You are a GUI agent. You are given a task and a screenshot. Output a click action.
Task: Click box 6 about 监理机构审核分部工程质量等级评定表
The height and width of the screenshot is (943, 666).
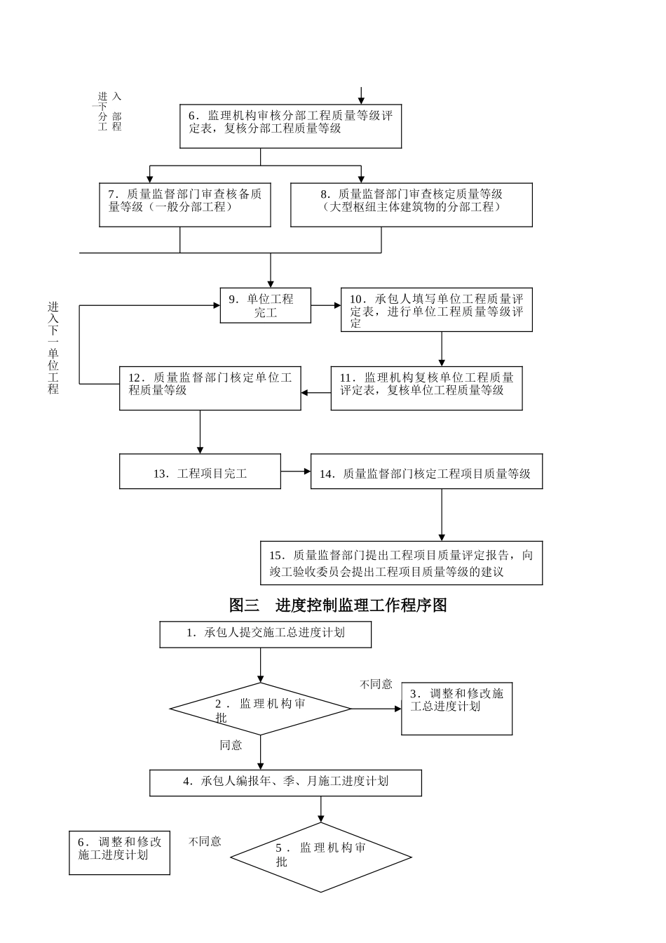[290, 126]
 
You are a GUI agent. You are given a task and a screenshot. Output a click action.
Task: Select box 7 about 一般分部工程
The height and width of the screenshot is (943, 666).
[185, 204]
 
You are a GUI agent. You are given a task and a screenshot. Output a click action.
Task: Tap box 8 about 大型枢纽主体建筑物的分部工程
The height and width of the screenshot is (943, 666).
[411, 204]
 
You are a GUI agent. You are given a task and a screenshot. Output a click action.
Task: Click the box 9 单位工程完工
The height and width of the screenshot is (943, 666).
[265, 305]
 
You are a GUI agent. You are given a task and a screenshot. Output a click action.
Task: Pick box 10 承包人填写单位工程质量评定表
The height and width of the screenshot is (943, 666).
[436, 309]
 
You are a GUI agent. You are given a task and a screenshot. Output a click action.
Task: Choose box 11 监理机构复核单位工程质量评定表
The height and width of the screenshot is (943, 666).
[426, 388]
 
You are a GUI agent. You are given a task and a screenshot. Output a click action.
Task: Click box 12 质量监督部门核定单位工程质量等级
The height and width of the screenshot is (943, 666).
[210, 388]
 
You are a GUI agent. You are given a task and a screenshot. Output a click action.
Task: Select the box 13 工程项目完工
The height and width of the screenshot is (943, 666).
[200, 471]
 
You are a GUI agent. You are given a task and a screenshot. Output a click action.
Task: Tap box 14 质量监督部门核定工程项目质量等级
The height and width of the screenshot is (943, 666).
[426, 471]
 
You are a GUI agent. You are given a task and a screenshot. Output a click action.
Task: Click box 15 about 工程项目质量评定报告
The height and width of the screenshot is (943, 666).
[401, 563]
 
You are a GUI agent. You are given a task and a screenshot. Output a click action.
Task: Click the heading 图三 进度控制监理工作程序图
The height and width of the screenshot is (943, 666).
[338, 605]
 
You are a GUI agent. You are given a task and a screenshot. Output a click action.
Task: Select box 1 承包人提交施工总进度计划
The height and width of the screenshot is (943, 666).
[265, 634]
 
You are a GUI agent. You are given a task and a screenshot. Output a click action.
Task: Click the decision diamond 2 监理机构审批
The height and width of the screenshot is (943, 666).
[261, 709]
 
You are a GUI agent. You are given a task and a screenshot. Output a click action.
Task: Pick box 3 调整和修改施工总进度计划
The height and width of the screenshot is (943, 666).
[456, 708]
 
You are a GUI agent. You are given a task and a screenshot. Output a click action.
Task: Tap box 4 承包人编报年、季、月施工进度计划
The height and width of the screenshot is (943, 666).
[285, 782]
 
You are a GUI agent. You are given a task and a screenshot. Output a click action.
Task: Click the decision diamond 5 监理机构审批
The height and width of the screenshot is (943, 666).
[321, 857]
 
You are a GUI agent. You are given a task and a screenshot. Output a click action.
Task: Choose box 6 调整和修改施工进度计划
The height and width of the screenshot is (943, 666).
[119, 852]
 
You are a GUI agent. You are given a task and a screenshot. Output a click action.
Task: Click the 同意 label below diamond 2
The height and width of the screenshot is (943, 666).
[231, 745]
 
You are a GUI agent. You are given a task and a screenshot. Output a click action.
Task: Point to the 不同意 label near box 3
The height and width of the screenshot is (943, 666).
[376, 684]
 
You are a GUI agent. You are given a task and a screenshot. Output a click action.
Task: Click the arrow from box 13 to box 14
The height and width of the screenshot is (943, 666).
[296, 471]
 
